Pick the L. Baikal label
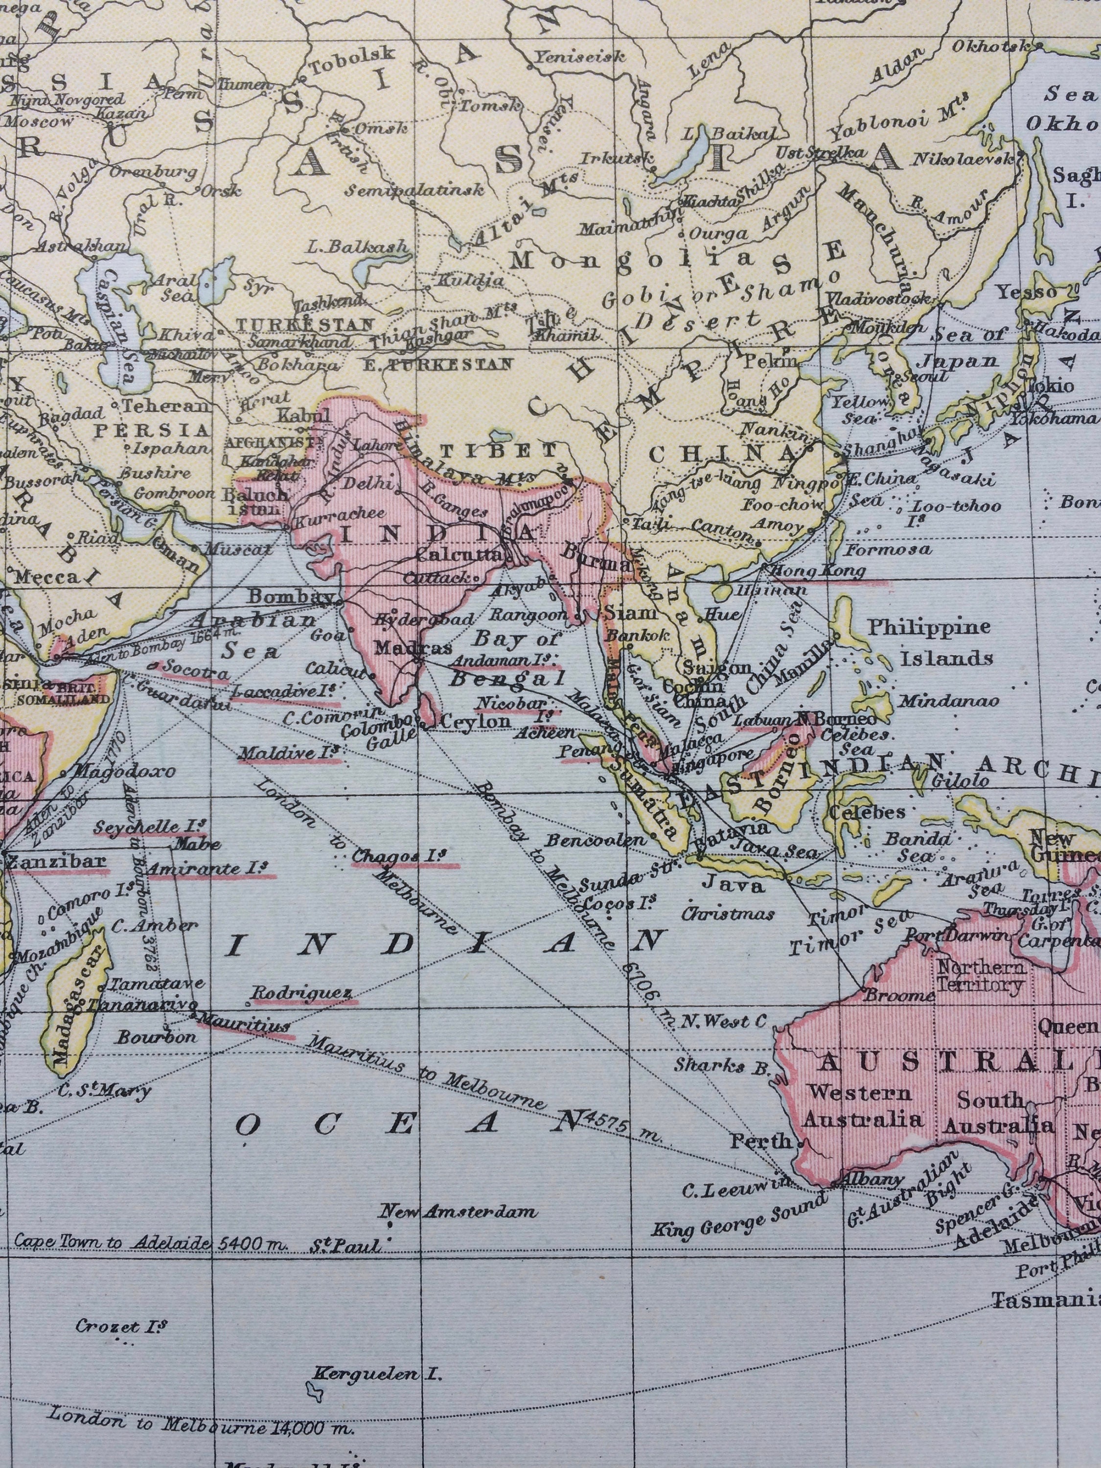(x=729, y=134)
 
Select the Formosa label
(x=889, y=550)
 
